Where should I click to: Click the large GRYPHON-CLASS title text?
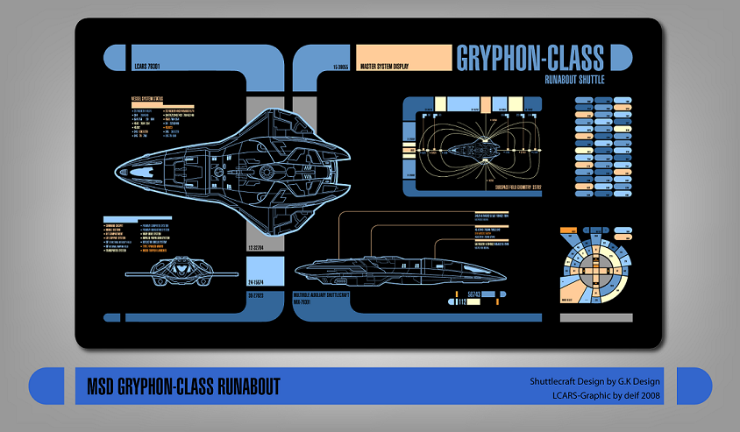pyautogui.click(x=530, y=58)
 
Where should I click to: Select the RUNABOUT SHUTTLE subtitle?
pyautogui.click(x=574, y=80)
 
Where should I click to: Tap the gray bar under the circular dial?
pyautogui.click(x=595, y=317)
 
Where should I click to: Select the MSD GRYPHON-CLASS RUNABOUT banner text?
pyautogui.click(x=183, y=386)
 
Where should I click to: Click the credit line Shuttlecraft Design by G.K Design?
pyautogui.click(x=594, y=382)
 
